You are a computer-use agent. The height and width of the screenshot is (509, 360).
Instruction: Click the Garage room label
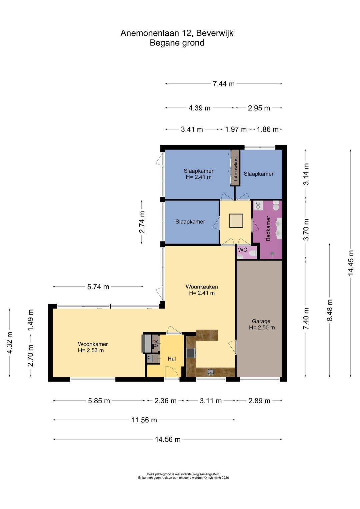pos(261,321)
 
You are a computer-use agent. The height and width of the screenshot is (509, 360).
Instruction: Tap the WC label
pos(242,250)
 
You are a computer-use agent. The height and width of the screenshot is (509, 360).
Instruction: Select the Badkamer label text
pos(268,228)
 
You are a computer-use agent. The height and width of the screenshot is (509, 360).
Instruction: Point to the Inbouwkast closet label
pos(236,168)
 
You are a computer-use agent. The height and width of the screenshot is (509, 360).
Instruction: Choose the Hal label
pos(172,359)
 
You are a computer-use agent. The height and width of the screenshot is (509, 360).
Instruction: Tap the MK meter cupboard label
pos(156,344)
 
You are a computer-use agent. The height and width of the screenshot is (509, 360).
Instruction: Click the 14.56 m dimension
pos(168,439)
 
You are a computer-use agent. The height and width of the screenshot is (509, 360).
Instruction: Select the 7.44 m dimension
pos(223,84)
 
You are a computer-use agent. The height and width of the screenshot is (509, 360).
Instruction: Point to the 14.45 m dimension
pos(351,263)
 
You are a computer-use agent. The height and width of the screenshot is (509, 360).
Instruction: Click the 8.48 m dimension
pos(330,310)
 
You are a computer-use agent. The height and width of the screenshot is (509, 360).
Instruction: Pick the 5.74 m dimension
pos(98,287)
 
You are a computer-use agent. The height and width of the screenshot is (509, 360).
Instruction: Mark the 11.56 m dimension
pos(144,420)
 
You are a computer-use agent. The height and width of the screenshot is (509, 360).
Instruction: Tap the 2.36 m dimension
pos(165,401)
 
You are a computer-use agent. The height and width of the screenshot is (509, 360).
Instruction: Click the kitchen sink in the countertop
pos(211,372)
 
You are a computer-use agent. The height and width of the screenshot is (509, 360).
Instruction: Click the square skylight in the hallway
pos(236,220)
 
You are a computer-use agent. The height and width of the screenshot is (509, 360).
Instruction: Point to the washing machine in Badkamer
pos(258,205)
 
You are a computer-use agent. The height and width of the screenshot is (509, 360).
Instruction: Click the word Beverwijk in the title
pos(215,33)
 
